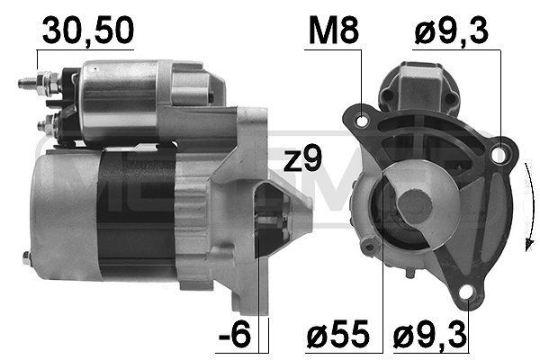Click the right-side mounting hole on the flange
497,157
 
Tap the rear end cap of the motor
58,216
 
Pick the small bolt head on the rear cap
26,260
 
